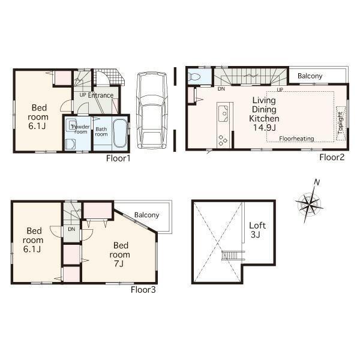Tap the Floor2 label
[331, 158]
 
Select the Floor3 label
[143, 289]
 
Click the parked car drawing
[151, 110]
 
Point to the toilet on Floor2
[195, 77]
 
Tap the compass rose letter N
[317, 183]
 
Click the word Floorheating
[296, 139]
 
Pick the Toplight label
[340, 122]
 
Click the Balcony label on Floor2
[310, 76]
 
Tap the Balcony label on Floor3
[146, 215]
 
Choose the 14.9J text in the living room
[264, 127]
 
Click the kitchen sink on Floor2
[223, 112]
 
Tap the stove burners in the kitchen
[223, 140]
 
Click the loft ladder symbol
[229, 256]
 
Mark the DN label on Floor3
[71, 229]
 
